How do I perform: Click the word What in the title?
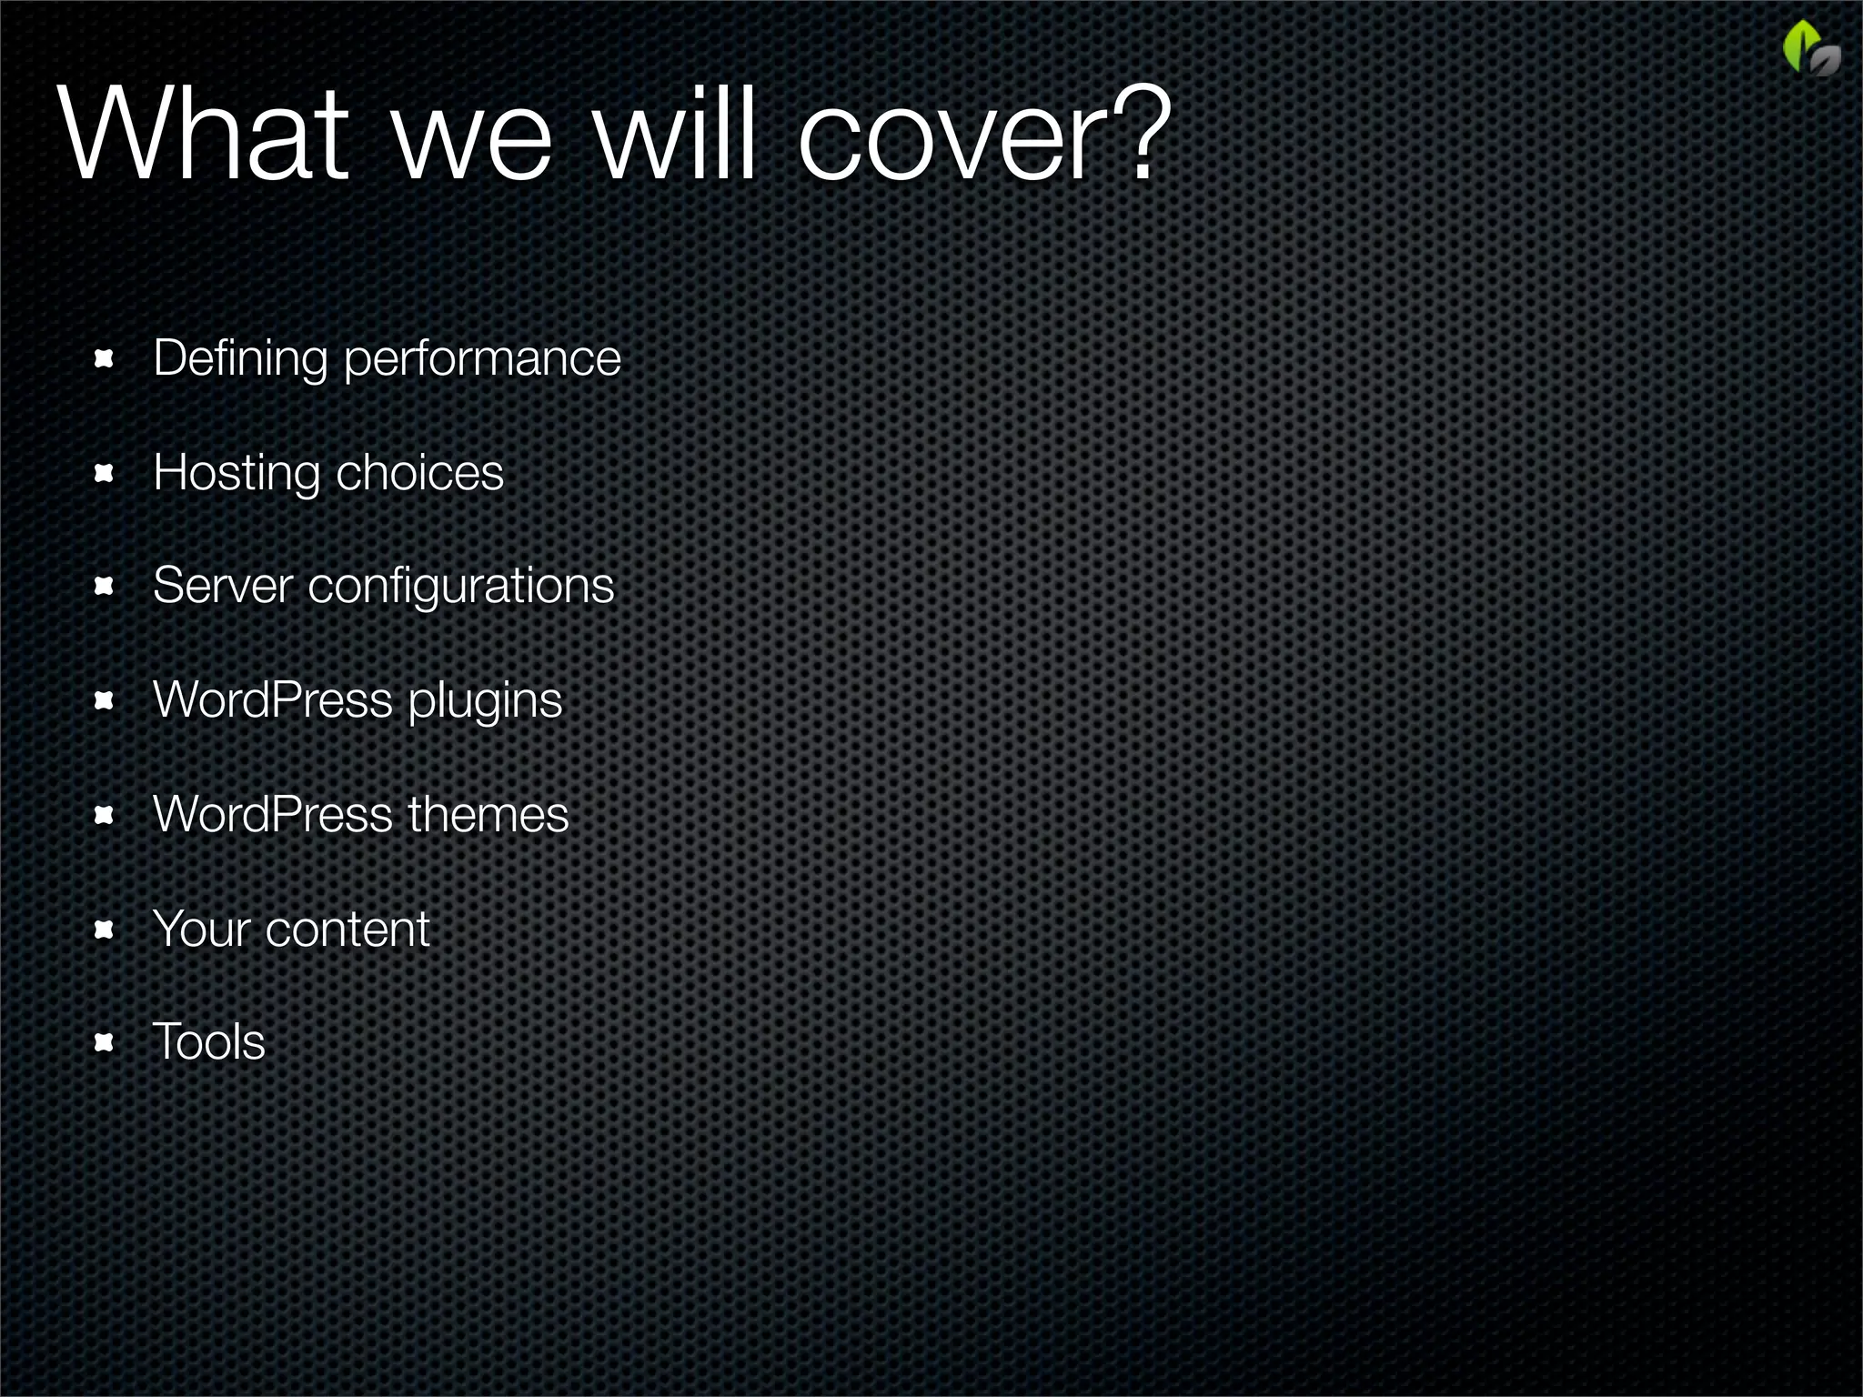tap(205, 135)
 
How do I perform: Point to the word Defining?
tap(240, 358)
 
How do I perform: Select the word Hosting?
tap(237, 474)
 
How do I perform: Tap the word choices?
tap(419, 473)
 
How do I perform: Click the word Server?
tap(223, 585)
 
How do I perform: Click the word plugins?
tap(485, 702)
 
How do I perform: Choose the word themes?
tap(488, 814)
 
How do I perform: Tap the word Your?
tap(201, 929)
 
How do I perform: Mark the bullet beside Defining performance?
tap(104, 359)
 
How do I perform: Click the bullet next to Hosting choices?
tap(104, 473)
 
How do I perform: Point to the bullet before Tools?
tap(104, 1042)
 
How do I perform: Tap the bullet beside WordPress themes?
tap(104, 815)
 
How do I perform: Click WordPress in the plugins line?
tap(273, 700)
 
